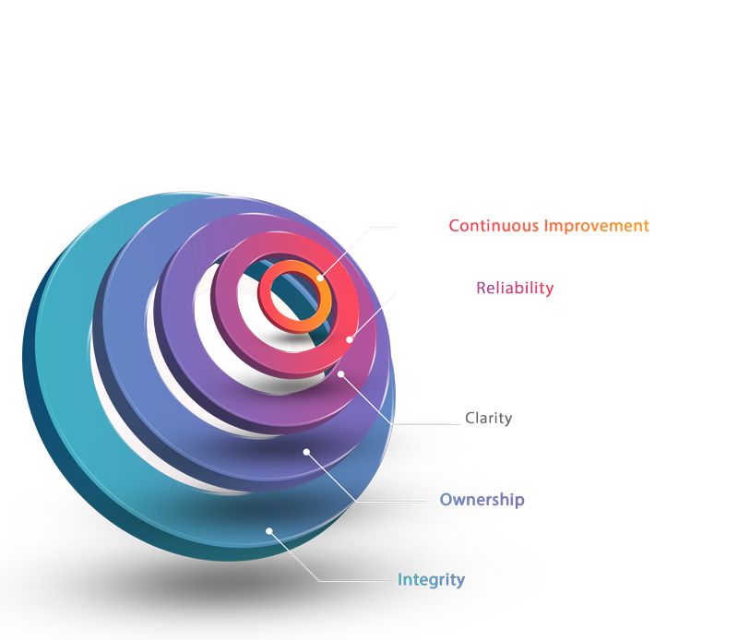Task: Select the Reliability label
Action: [515, 288]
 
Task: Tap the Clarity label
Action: [489, 419]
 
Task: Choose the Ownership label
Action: [482, 500]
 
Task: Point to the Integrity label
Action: [431, 580]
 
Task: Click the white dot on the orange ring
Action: [320, 278]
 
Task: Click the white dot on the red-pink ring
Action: [350, 339]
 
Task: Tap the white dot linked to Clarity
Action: [341, 373]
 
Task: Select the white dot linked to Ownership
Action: [306, 451]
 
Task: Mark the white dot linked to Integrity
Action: [268, 530]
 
